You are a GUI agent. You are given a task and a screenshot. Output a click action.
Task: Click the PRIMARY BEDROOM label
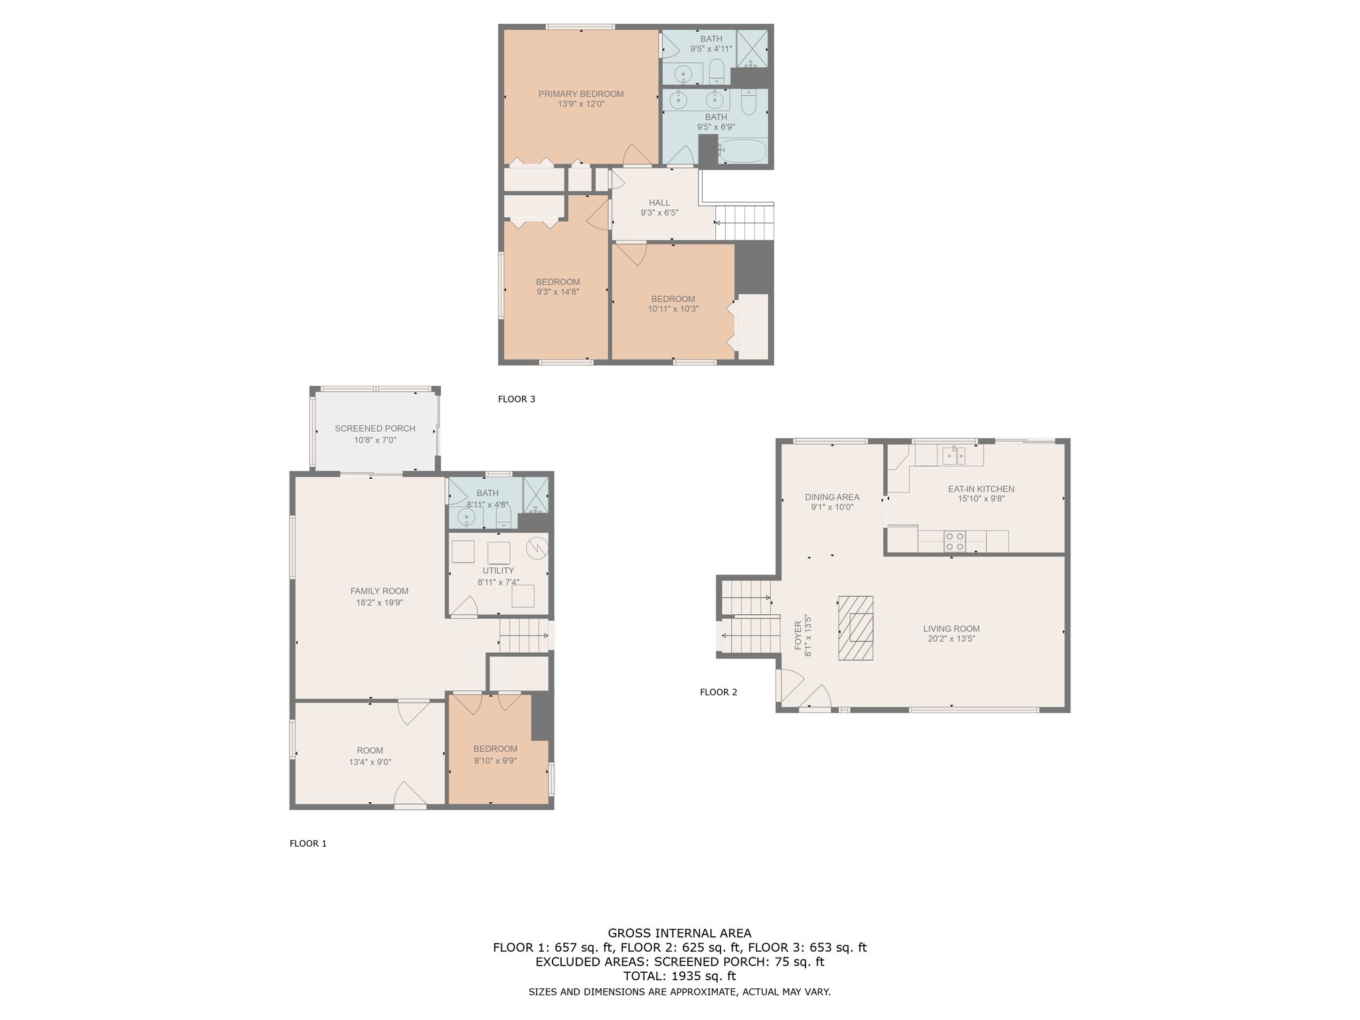(x=581, y=94)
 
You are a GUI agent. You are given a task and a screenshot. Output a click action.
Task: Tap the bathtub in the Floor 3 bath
(x=743, y=151)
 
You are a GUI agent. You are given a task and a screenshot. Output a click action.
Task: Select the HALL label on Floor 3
(x=659, y=203)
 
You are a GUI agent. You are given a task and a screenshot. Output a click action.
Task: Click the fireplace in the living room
(x=855, y=628)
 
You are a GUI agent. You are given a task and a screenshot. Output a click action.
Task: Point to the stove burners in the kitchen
(x=955, y=541)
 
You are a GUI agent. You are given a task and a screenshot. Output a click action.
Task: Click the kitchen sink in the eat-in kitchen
(x=954, y=455)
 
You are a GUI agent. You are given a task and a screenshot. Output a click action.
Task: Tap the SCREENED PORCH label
(x=375, y=428)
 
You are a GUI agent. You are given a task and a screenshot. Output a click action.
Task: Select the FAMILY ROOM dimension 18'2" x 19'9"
(x=380, y=603)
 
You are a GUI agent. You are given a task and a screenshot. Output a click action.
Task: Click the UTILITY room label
(x=498, y=570)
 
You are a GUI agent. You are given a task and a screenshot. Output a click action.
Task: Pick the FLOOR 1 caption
(x=308, y=843)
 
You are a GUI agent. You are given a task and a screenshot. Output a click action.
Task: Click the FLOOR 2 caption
(x=719, y=692)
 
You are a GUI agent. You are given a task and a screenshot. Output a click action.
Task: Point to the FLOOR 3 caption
(x=517, y=399)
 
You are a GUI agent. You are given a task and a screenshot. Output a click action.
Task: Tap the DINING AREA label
(x=832, y=497)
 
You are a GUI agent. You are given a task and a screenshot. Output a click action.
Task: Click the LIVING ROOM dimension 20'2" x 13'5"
(x=952, y=639)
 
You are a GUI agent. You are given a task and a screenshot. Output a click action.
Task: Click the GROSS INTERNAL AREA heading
(x=680, y=933)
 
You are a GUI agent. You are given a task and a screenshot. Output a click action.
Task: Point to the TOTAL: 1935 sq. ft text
(x=680, y=976)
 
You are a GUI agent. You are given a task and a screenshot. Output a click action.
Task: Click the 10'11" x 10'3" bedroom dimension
(x=673, y=309)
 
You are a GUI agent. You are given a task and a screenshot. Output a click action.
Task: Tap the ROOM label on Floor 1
(x=370, y=750)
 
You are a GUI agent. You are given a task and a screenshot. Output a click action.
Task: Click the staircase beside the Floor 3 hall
(x=744, y=222)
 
